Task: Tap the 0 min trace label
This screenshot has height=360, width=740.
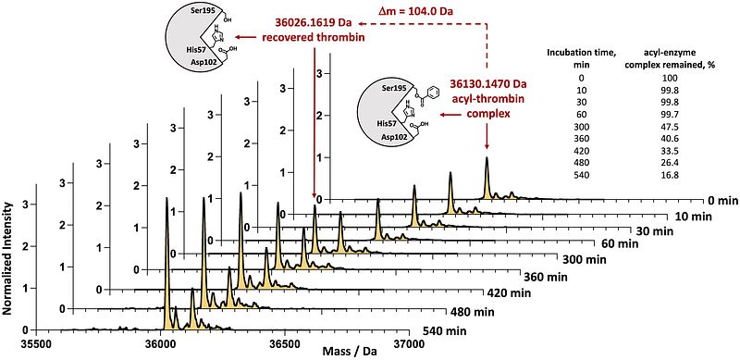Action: pos(721,200)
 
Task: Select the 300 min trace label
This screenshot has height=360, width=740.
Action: pos(579,260)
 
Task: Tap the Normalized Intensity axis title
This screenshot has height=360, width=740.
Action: pos(7,258)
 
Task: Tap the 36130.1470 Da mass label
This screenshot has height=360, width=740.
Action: pos(487,84)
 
